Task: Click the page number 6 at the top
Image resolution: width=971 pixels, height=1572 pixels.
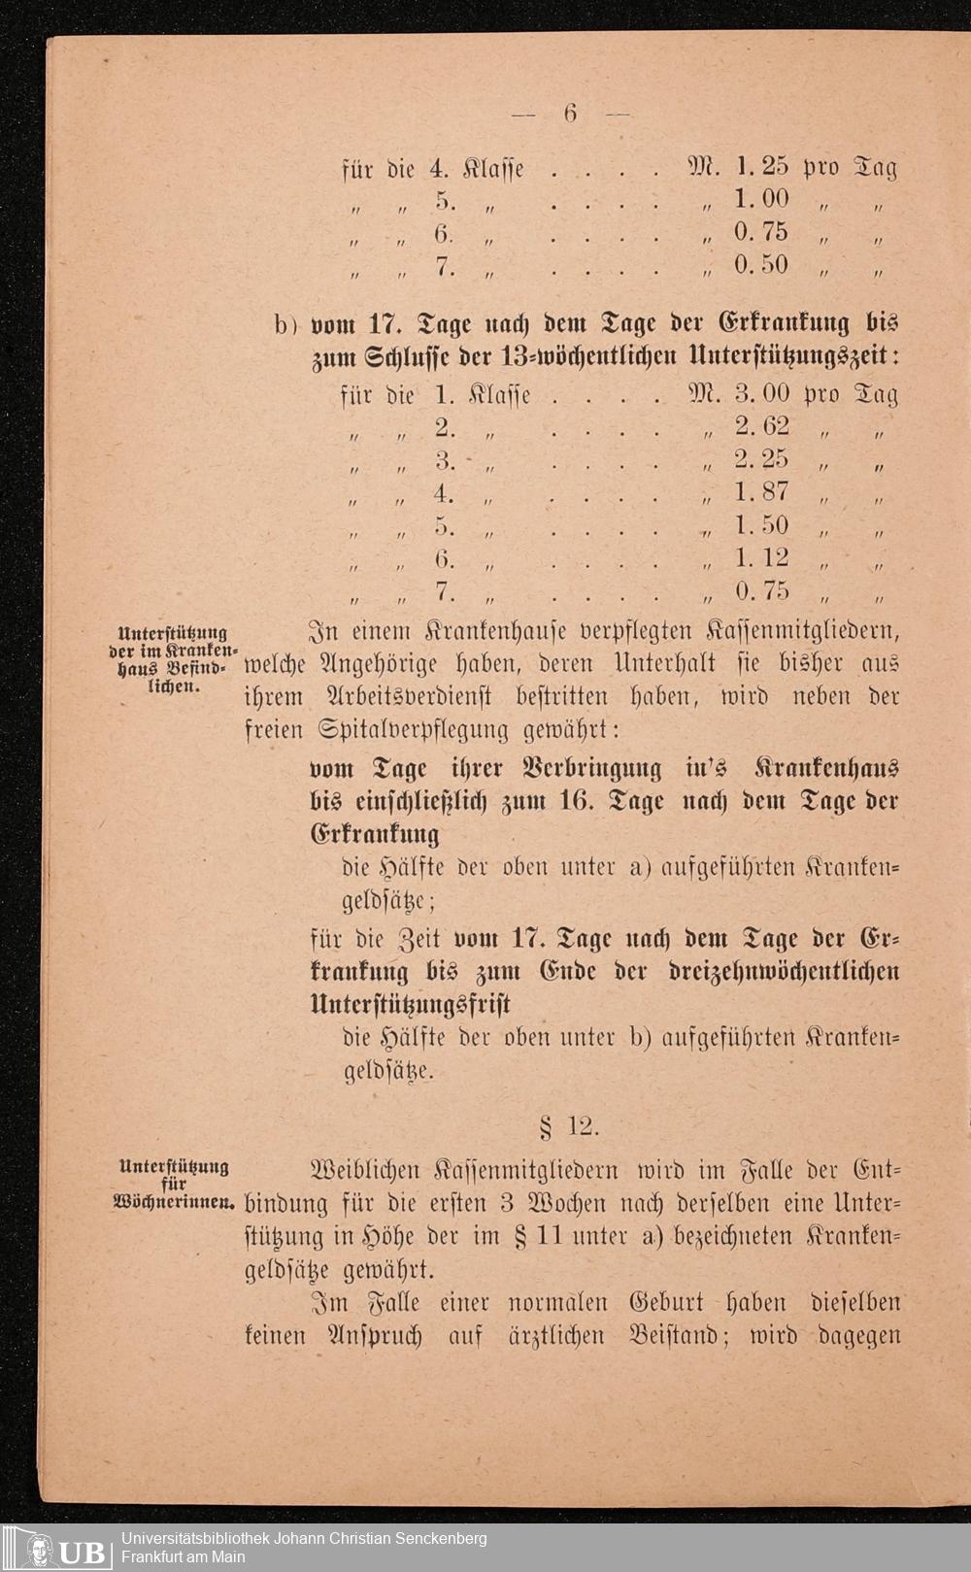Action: [570, 114]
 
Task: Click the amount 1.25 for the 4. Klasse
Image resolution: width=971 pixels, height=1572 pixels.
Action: [762, 167]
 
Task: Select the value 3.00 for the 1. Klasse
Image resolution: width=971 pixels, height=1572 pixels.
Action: [762, 394]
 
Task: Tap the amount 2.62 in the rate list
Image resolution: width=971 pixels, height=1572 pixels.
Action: [762, 426]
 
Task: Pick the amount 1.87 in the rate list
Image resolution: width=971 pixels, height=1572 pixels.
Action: [762, 492]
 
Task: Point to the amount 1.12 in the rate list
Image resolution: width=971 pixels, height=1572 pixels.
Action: [762, 558]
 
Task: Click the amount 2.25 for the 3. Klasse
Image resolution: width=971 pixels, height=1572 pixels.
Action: [762, 459]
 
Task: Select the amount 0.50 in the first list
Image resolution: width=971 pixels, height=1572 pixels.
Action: [762, 265]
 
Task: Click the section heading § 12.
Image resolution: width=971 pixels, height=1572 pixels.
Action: [570, 1127]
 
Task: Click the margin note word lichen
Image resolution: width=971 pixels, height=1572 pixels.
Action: [174, 686]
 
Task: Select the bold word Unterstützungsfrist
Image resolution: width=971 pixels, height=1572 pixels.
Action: [410, 1004]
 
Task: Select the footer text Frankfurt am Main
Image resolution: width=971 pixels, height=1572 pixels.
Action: [184, 1557]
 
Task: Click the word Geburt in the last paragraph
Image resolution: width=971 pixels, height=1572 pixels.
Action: [670, 1303]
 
